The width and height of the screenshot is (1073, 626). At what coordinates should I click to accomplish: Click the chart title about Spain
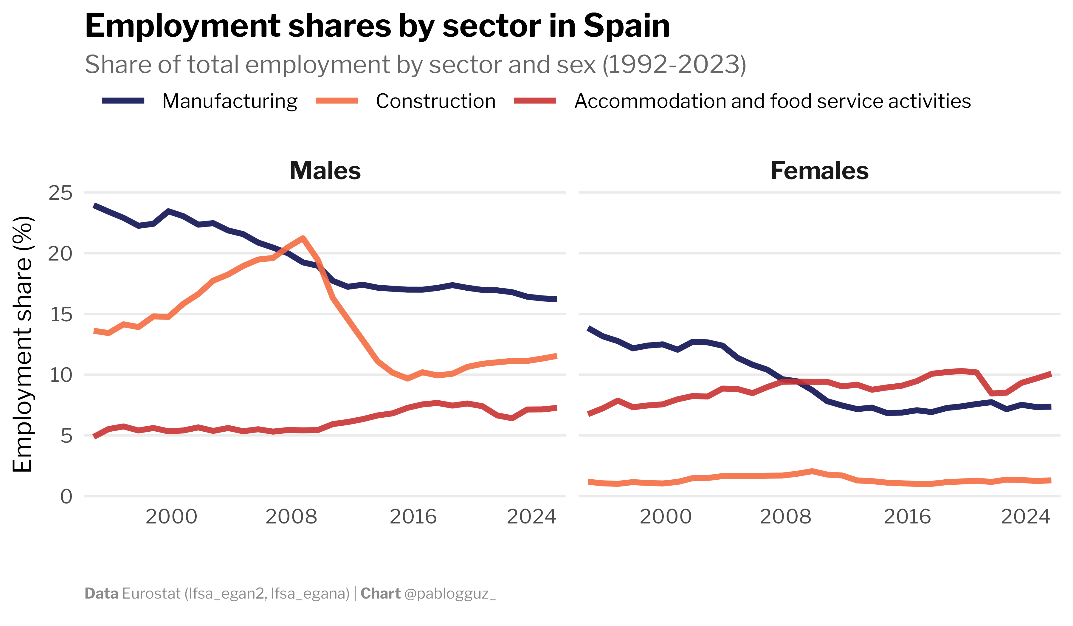click(377, 27)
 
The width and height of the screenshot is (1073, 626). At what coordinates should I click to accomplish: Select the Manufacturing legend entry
click(230, 101)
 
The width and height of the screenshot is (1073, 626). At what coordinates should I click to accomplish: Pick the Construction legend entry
click(435, 101)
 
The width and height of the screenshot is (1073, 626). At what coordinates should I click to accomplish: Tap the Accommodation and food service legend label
click(772, 101)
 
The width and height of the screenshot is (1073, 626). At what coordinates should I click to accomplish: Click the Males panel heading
click(325, 171)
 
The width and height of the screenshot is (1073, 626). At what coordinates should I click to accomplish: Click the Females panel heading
click(819, 171)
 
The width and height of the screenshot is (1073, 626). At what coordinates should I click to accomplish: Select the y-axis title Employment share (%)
click(22, 344)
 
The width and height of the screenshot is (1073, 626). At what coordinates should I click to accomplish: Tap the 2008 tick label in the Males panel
click(291, 517)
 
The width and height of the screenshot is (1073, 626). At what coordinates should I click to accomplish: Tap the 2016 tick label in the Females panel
click(907, 517)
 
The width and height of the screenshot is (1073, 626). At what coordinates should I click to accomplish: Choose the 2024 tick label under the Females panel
click(1025, 517)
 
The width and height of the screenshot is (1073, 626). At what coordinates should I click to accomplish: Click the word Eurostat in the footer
click(151, 594)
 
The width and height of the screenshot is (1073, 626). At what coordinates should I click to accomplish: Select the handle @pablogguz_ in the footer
click(450, 594)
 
